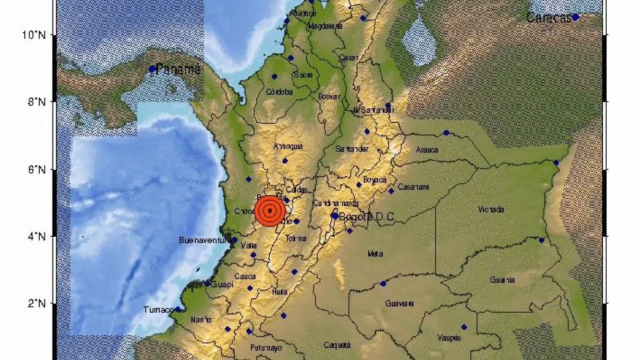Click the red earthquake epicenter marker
coord(270,211)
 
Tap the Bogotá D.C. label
coord(367,217)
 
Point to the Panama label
coord(179,70)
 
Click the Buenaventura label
coord(206,240)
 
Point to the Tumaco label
coord(158,309)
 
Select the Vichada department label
coord(491,210)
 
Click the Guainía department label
coord(502,280)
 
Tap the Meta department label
coord(375,254)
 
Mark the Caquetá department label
coord(337,345)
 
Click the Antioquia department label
coord(288,146)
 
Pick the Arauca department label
coord(427,150)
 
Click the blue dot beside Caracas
coord(576,17)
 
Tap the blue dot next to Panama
coord(152,69)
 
